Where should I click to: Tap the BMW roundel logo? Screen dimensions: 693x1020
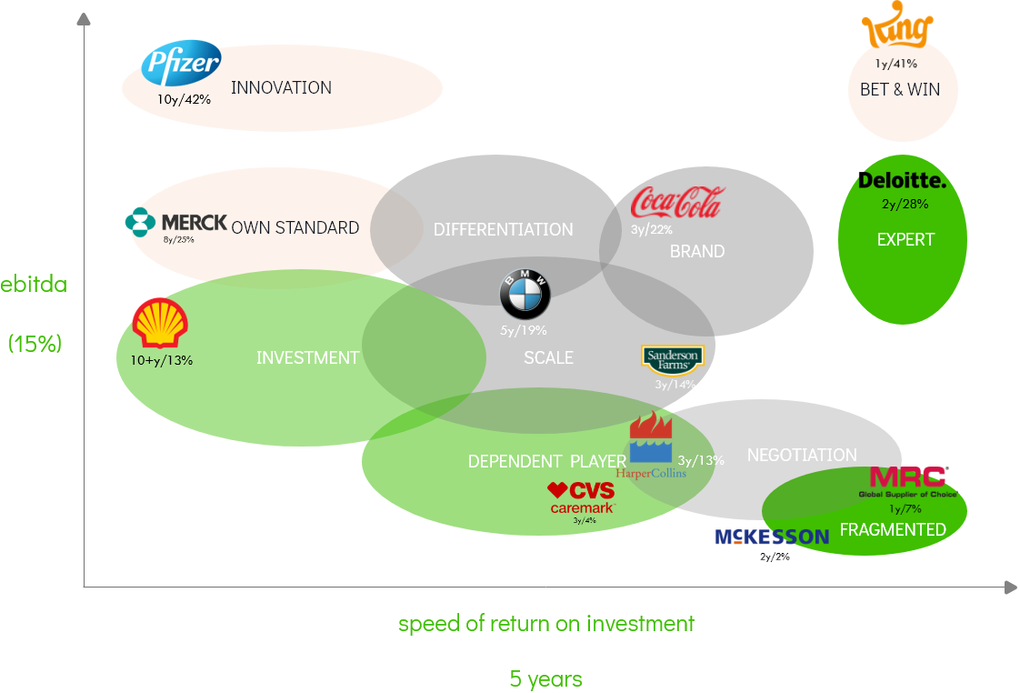525,296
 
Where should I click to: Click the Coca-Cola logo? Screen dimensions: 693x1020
677,202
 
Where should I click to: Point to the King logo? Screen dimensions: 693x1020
897,30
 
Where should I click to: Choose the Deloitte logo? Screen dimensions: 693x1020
902,182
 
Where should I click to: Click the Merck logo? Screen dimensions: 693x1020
177,223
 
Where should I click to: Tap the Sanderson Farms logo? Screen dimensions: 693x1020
672,360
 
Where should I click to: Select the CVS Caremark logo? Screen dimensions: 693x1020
583,498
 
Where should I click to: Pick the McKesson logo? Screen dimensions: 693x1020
772,537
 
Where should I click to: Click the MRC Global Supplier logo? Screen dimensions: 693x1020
908,481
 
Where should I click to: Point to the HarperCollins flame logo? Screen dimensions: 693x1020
651,441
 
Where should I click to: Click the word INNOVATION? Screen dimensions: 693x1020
281,88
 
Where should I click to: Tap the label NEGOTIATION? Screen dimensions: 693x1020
802,455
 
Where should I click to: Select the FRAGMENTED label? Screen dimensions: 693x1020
893,529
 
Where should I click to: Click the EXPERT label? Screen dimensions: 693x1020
905,240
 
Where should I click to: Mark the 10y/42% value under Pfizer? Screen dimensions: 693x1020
185,99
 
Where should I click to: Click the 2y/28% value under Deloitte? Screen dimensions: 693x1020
905,204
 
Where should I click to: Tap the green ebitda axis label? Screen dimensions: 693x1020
34,284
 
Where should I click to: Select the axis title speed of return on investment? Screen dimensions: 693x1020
545,623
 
